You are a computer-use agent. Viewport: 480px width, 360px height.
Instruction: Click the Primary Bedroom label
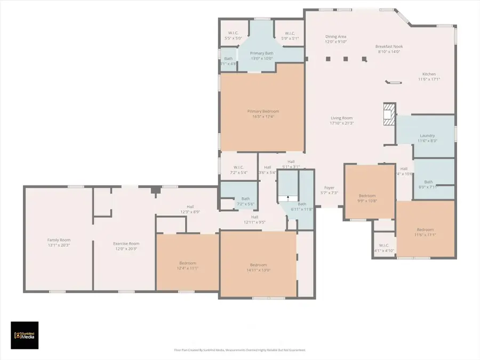[263, 111]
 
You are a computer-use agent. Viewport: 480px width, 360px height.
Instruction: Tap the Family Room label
[59, 240]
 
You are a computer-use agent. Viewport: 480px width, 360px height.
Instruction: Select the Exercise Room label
[125, 243]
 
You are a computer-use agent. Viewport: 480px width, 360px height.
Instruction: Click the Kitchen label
[429, 74]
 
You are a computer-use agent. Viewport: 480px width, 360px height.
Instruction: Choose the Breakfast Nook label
[389, 46]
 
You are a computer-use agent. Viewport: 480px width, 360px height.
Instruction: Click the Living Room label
[341, 118]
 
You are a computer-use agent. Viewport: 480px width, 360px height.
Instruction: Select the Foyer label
[330, 188]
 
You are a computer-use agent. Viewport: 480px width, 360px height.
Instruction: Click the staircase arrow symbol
[288, 197]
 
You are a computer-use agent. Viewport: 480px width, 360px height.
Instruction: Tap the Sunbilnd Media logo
[25, 335]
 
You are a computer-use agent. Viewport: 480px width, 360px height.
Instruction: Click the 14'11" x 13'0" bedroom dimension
[259, 270]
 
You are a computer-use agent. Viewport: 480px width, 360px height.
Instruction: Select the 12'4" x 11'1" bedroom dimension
[187, 268]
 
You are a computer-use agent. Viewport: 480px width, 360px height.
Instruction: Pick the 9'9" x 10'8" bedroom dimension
[367, 201]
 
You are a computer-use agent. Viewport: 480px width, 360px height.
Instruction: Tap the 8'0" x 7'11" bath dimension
[428, 187]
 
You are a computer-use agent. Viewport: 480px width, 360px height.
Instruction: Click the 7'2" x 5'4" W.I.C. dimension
[238, 172]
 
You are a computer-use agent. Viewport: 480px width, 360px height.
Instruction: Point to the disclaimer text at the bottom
[239, 350]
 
